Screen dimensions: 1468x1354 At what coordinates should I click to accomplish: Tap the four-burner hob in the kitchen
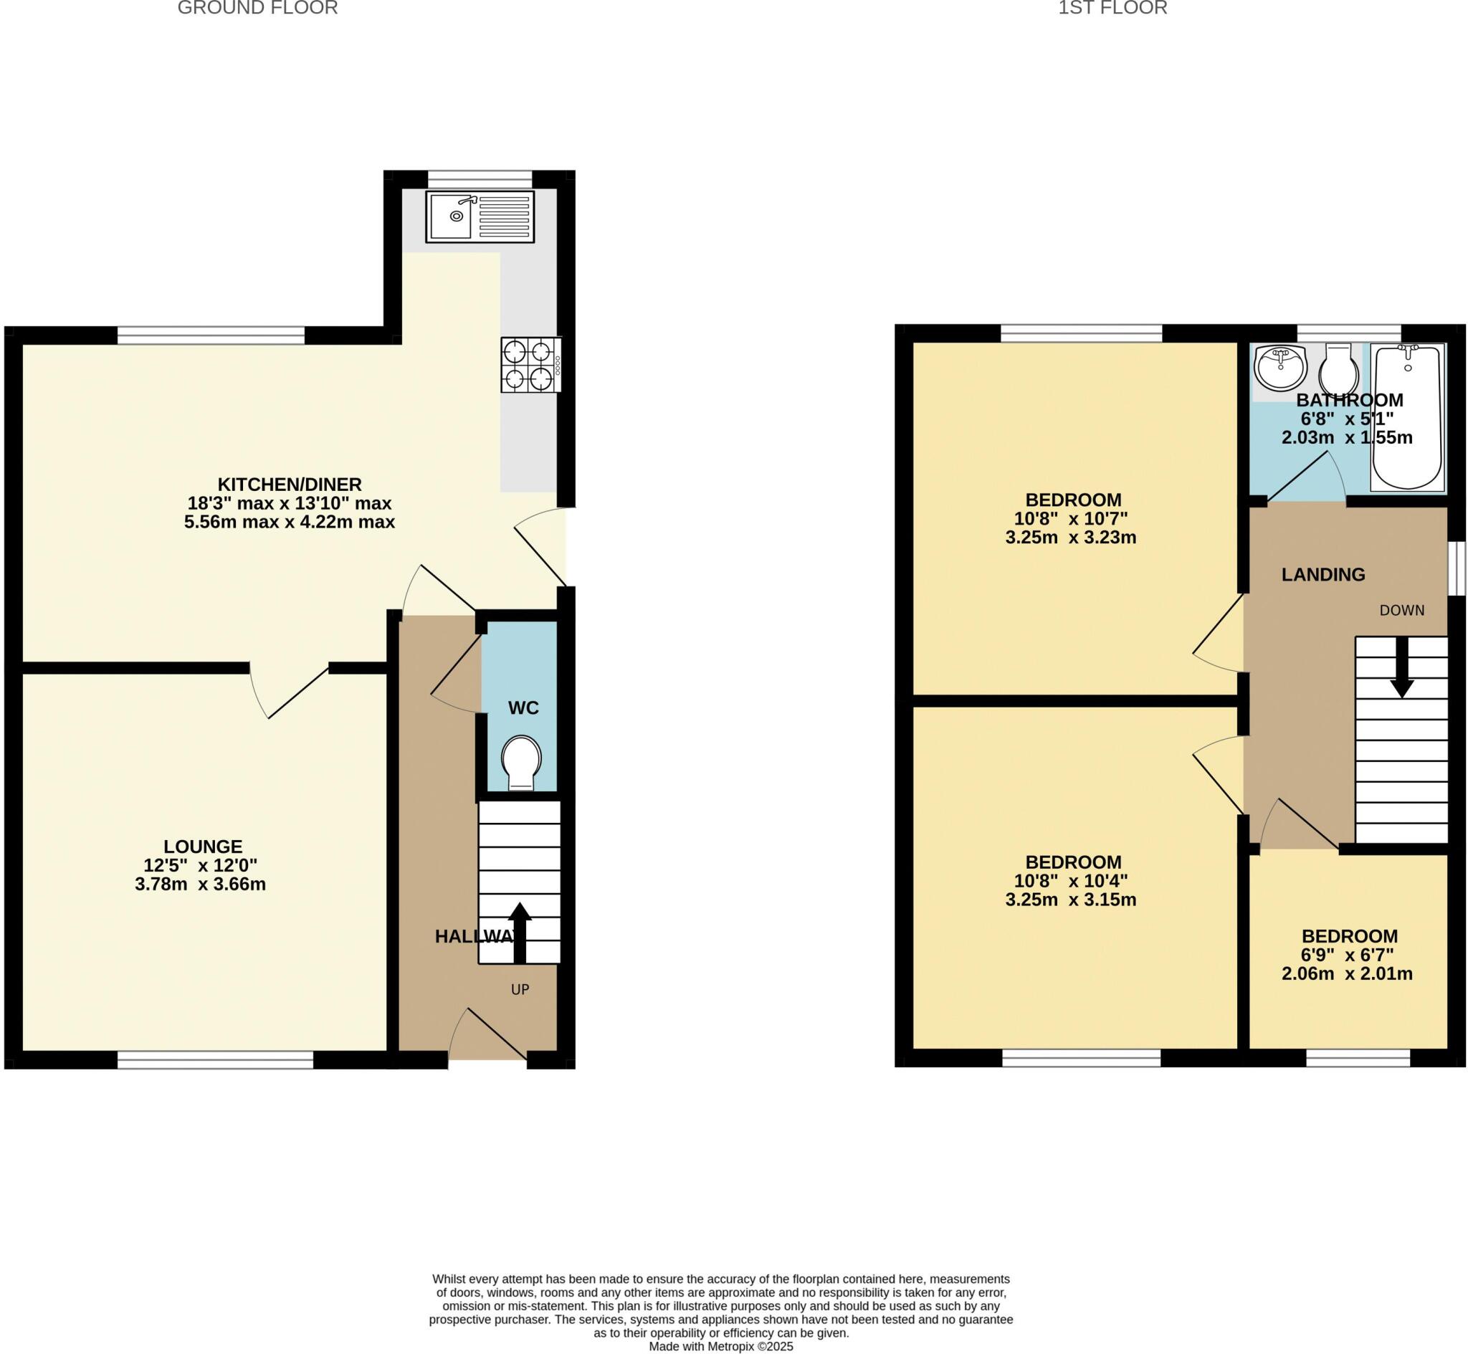[x=531, y=364]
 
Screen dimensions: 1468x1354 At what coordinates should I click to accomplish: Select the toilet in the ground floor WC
[x=522, y=763]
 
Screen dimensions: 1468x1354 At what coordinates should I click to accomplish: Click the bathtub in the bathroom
[x=1406, y=418]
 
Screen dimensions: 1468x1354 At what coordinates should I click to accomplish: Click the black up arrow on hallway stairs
[x=520, y=933]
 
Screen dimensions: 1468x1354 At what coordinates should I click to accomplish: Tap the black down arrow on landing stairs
[x=1402, y=667]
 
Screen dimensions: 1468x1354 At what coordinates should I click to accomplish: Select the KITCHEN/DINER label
[x=290, y=485]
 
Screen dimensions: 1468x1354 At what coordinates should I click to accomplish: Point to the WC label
[x=523, y=707]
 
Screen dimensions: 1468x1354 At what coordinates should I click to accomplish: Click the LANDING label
[x=1323, y=574]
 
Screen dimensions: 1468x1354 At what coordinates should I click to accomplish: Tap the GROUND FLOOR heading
[x=258, y=8]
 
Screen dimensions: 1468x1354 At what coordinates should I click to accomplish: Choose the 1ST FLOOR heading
[x=1112, y=8]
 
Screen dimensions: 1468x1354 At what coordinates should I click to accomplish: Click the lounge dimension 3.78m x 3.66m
[x=200, y=885]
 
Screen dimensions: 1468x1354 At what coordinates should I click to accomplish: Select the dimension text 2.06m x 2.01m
[x=1347, y=973]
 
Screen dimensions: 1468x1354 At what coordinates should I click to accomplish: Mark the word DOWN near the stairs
[x=1402, y=610]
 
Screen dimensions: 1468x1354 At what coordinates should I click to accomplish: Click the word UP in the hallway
[x=520, y=989]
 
